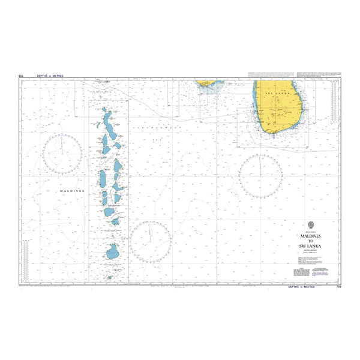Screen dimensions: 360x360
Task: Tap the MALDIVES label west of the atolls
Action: coord(71,190)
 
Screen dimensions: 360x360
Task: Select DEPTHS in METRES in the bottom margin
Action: coord(301,287)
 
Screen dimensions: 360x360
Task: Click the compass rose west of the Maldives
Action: coord(62,155)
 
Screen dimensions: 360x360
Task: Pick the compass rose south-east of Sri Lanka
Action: coord(260,176)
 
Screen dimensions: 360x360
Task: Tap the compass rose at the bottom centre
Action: coord(151,242)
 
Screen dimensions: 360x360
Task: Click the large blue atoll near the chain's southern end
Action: coord(113,251)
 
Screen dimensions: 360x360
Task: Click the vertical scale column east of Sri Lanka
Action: coord(331,99)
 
